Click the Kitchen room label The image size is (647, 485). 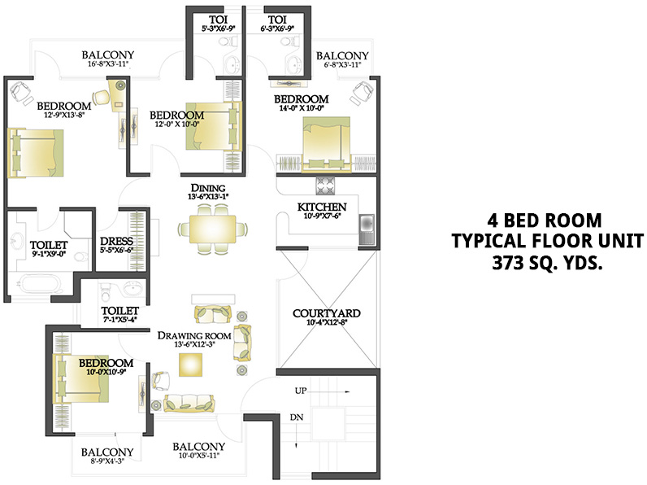click(x=322, y=207)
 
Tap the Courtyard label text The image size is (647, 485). click(x=326, y=312)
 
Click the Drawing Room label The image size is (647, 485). click(x=193, y=335)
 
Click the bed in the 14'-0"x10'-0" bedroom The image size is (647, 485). click(x=327, y=142)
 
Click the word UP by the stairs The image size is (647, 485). click(x=300, y=391)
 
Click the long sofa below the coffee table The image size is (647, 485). click(x=189, y=402)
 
